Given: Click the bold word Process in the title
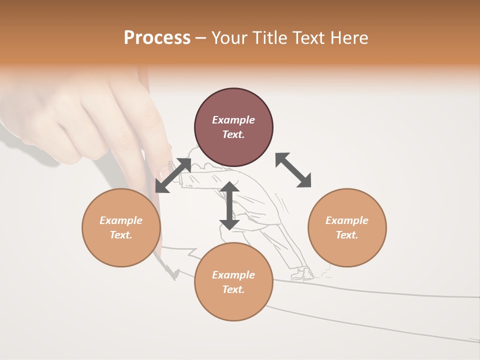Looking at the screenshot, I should (x=157, y=38).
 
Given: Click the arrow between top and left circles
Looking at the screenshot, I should (x=173, y=175).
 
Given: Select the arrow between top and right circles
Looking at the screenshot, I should (x=293, y=170).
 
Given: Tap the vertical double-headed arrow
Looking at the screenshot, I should (x=229, y=205).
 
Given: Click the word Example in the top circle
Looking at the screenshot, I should (x=233, y=120).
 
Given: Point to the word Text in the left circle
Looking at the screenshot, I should (x=121, y=235).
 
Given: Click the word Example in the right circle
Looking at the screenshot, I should (x=347, y=220).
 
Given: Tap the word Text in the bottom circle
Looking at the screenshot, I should (x=233, y=289).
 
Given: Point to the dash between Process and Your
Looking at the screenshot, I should (x=200, y=38).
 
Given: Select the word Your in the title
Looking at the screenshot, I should (x=229, y=38).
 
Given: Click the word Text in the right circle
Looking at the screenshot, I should (x=347, y=235).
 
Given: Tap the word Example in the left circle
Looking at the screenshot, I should (x=121, y=220).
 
